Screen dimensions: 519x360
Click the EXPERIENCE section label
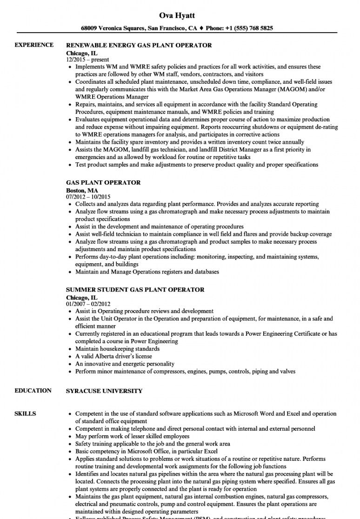click(34, 45)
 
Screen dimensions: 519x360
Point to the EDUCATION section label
click(33, 391)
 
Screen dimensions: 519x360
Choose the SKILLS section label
click(25, 413)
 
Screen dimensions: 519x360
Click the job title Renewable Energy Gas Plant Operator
click(139, 46)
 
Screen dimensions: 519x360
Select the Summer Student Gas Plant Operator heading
click(135, 290)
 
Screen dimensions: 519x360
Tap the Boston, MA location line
click(82, 190)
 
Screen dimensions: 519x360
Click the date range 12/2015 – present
click(87, 60)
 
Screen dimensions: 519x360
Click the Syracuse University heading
click(104, 391)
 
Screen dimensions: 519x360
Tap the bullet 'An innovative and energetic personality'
click(125, 364)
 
